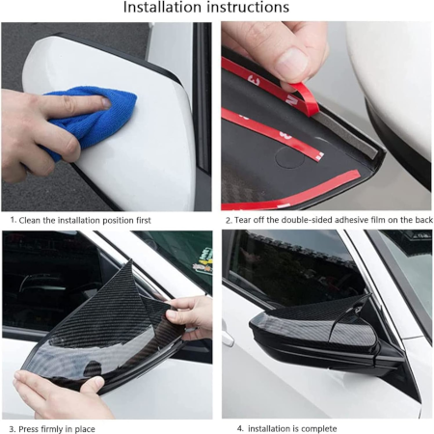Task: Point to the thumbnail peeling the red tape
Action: [x=293, y=62]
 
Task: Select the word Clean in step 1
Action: [x=30, y=220]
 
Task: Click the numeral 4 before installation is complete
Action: [x=240, y=428]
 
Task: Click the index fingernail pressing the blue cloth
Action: [x=106, y=102]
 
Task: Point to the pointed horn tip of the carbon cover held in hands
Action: [x=130, y=261]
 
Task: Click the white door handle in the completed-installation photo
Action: [x=228, y=339]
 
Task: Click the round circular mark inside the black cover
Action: [x=290, y=157]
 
